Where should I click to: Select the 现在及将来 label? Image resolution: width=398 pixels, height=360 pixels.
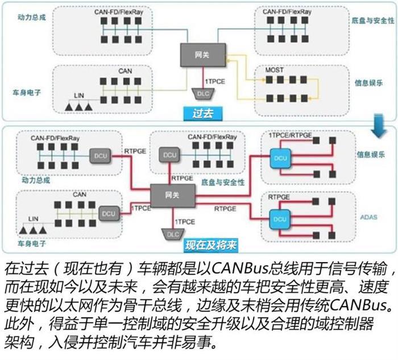coord(210,245)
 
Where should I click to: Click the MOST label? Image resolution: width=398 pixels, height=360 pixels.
coord(274,71)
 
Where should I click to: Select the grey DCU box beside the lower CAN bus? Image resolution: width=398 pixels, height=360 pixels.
coord(108,214)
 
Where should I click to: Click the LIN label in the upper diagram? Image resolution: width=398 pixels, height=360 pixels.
coord(80,95)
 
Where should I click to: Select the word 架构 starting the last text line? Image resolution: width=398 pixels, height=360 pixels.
coord(18,345)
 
